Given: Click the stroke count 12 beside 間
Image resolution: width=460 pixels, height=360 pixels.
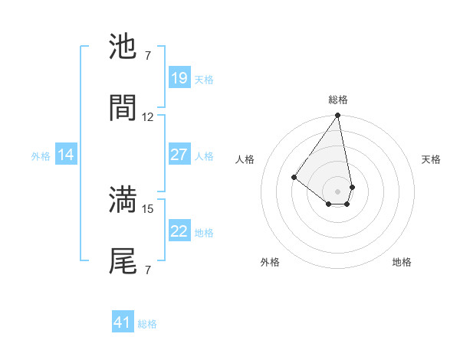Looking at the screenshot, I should pyautogui.click(x=148, y=117).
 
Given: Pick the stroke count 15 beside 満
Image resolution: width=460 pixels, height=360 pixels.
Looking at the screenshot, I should pyautogui.click(x=148, y=208).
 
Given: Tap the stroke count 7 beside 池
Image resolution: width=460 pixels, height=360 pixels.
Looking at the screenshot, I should pyautogui.click(x=148, y=55).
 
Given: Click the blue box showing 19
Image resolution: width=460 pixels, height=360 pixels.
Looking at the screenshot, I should pyautogui.click(x=179, y=78).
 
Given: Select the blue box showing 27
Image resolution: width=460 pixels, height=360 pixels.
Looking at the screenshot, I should pyautogui.click(x=179, y=155).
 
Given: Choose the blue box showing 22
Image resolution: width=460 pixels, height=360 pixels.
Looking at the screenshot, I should pyautogui.click(x=179, y=231).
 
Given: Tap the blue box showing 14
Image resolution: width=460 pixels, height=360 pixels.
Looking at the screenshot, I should pyautogui.click(x=66, y=155).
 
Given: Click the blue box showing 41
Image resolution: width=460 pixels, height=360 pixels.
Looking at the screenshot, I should pyautogui.click(x=123, y=322).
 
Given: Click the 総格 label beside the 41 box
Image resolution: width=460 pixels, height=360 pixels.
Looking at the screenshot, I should pyautogui.click(x=147, y=324).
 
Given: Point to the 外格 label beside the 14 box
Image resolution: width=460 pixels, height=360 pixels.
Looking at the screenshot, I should pyautogui.click(x=41, y=156).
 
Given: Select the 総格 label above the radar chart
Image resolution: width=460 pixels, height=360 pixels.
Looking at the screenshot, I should pyautogui.click(x=338, y=100).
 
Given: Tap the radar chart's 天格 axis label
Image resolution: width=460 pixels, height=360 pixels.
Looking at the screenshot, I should pyautogui.click(x=432, y=159).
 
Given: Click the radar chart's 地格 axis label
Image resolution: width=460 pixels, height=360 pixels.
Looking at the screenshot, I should pyautogui.click(x=402, y=262).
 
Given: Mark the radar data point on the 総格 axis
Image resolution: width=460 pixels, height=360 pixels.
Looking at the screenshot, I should pyautogui.click(x=337, y=116).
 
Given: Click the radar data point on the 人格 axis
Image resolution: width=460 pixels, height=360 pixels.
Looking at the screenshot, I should pyautogui.click(x=294, y=178).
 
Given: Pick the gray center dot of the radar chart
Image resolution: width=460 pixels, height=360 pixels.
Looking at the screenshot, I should pyautogui.click(x=337, y=191).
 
